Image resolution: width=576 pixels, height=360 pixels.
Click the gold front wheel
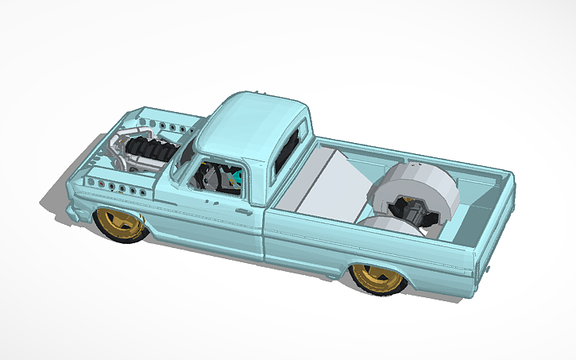[x=122, y=225]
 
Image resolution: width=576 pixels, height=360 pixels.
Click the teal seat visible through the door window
[x=235, y=180]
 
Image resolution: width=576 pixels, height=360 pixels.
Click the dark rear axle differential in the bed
[x=415, y=215]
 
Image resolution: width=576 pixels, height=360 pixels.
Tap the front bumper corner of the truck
[x=73, y=212]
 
